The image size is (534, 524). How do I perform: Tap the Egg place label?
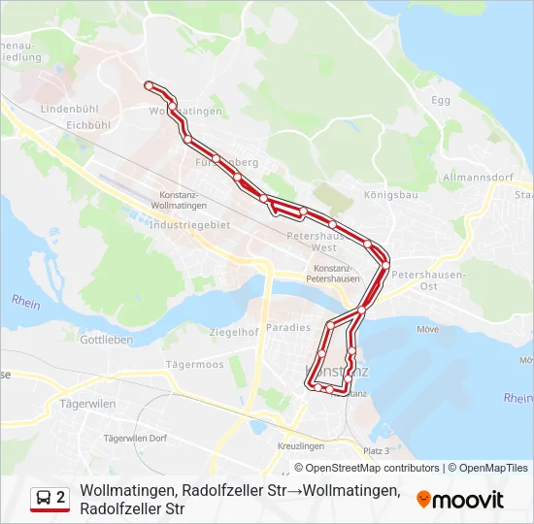coord(442,100)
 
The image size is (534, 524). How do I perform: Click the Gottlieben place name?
coord(106,341)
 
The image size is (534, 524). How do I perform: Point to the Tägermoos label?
coord(194,365)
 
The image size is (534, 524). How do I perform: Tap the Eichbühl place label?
coord(88,124)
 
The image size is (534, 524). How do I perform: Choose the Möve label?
coord(427,329)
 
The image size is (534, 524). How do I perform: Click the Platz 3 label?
coord(376,451)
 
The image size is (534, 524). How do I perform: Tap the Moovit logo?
coord(460,499)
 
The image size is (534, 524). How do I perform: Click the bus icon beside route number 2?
coord(44,498)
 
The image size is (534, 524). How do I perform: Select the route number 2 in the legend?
coord(61,497)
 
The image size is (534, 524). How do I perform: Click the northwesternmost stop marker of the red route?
coord(149,86)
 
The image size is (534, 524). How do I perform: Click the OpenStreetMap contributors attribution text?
coord(359,468)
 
